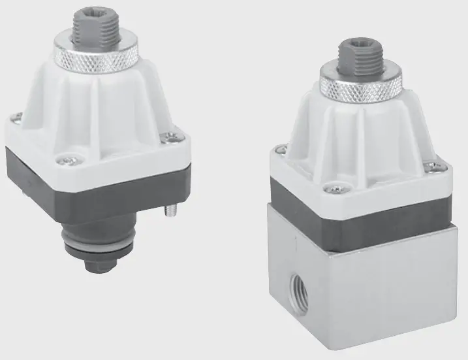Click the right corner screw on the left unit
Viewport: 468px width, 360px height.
tap(172, 137)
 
